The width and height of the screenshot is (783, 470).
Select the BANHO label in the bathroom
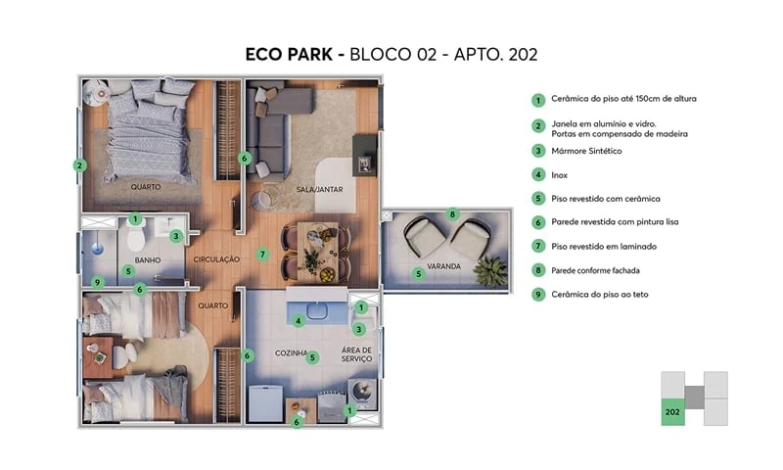[148, 259]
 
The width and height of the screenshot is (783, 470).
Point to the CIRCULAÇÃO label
[216, 259]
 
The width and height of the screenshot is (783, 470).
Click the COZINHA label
[291, 352]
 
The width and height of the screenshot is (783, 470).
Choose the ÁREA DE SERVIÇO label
[357, 353]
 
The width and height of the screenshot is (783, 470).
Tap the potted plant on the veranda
[490, 267]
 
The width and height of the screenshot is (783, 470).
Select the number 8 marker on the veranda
[451, 213]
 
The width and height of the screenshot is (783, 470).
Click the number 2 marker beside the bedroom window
[78, 165]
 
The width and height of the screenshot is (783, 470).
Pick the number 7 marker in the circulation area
[262, 255]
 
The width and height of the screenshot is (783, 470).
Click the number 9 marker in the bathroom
[97, 283]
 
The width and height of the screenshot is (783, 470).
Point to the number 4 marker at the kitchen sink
[299, 319]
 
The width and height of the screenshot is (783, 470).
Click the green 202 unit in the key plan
[672, 412]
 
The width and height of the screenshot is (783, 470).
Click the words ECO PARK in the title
[289, 54]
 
